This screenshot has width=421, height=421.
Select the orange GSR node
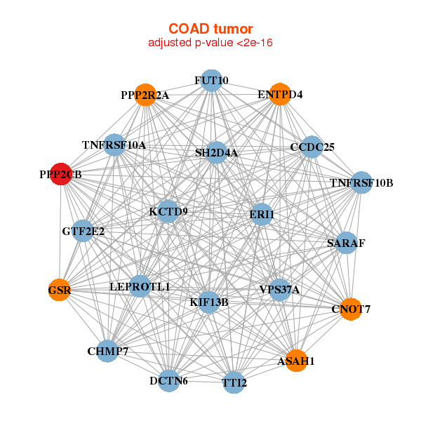point(60,290)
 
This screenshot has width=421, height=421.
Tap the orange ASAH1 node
point(296,360)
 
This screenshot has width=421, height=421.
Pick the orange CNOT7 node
point(351,309)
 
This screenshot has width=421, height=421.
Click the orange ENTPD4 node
point(280,94)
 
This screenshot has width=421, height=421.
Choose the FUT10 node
point(211,81)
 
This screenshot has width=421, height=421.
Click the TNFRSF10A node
point(114,145)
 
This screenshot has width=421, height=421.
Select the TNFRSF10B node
point(361,183)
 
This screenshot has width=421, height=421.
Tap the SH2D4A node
point(216,152)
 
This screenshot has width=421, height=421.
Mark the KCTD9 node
point(168,211)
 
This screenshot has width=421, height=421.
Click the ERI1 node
point(261,214)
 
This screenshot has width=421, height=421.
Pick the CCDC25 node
point(312,147)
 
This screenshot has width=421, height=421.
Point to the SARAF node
point(346,243)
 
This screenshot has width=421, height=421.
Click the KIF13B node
point(209,302)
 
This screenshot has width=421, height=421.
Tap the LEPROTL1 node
point(140,286)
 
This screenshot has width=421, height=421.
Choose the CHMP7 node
point(107,351)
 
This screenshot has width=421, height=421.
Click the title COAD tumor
point(210,29)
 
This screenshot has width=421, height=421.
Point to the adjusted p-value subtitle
point(210,43)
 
